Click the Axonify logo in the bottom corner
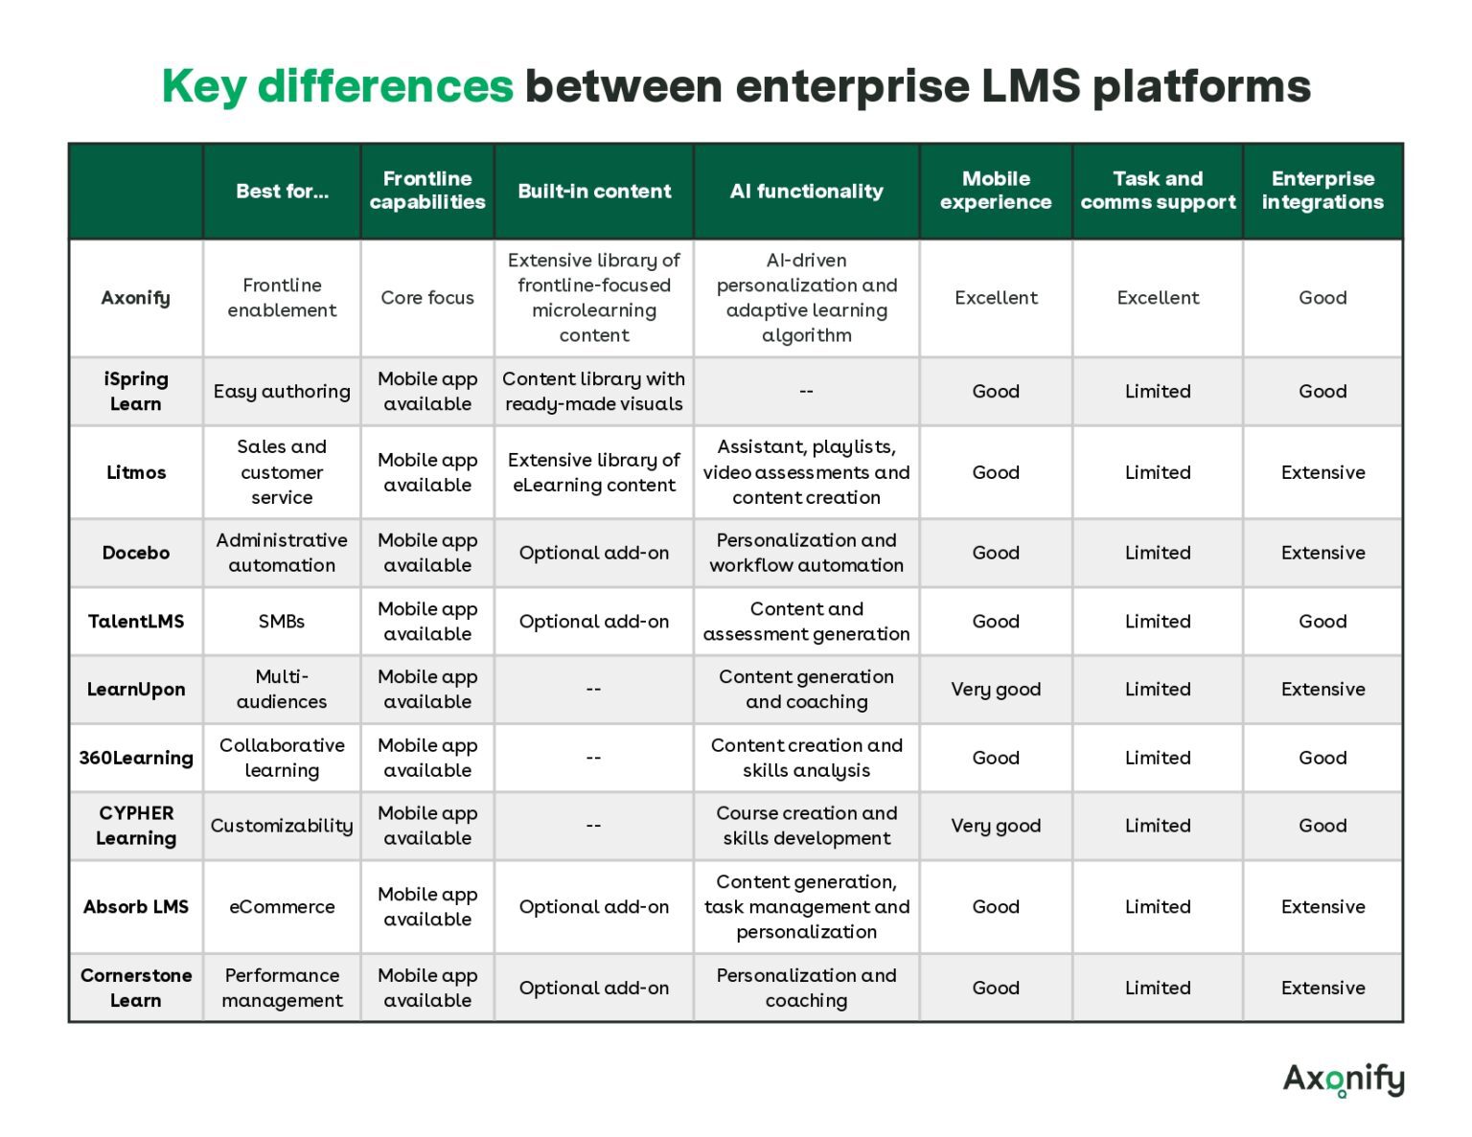[x=1343, y=1079]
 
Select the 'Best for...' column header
[x=282, y=191]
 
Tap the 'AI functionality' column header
[x=806, y=191]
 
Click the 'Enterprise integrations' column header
[x=1322, y=191]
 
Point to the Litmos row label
[x=136, y=472]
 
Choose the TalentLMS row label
[x=136, y=621]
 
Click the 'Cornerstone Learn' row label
[x=136, y=988]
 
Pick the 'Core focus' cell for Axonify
[x=427, y=298]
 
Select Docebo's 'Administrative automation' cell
[x=282, y=553]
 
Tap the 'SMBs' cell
[x=282, y=621]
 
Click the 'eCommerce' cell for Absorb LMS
[x=282, y=906]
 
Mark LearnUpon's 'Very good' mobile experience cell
[x=996, y=689]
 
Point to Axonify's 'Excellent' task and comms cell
[x=1158, y=298]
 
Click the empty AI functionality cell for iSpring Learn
[x=806, y=391]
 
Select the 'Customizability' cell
[x=282, y=826]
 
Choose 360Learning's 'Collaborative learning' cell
[x=282, y=758]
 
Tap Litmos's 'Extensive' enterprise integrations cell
[x=1322, y=472]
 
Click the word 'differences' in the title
[x=385, y=85]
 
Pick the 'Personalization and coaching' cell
[x=806, y=988]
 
